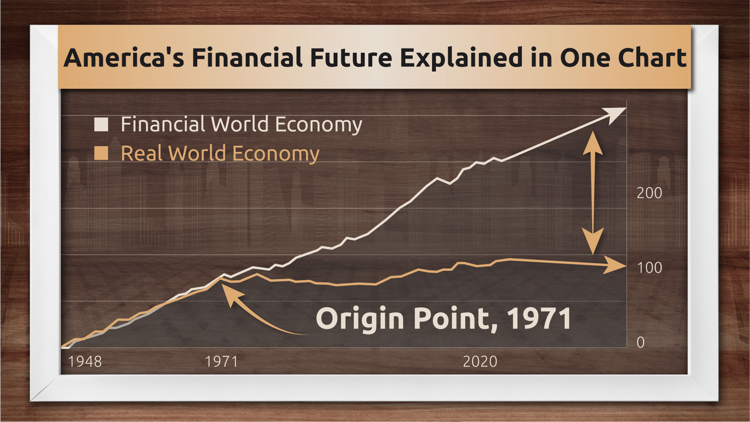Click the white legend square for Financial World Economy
coord(101,124)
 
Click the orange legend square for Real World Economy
coord(101,153)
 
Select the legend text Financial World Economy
coord(241,125)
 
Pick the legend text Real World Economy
coord(220,154)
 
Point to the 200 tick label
coord(649,193)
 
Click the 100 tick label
coord(649,268)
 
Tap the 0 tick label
coord(640,342)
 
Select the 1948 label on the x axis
coord(85,362)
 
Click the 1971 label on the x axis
coord(221,362)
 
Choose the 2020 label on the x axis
coord(480,362)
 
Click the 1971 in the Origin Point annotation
coord(539,318)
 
